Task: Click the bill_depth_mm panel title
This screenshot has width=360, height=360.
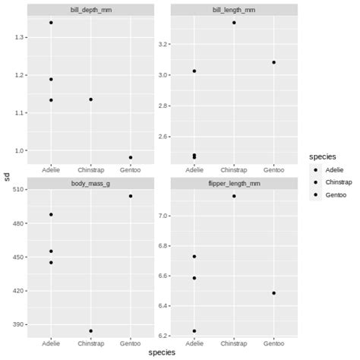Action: [90, 8]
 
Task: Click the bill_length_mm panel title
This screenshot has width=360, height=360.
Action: [234, 8]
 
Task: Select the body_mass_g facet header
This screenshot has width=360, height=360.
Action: [90, 183]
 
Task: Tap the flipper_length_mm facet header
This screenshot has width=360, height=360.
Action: [234, 183]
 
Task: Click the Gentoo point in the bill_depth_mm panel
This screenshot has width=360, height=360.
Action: [131, 157]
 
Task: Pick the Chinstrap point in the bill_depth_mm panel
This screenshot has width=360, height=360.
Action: [90, 99]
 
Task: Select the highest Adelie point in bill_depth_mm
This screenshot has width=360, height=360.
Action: [51, 23]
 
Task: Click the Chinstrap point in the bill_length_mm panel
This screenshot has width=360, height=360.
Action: [234, 23]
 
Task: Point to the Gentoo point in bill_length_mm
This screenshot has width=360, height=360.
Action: [273, 62]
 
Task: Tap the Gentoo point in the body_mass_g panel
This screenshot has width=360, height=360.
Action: [131, 196]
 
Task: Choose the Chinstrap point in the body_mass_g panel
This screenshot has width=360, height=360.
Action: [90, 330]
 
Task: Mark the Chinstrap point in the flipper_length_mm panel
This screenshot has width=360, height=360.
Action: [234, 196]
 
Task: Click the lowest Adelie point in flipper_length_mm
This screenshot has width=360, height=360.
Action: [194, 330]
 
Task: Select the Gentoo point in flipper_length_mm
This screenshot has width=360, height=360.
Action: [273, 292]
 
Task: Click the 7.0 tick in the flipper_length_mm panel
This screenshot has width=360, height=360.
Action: [164, 216]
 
